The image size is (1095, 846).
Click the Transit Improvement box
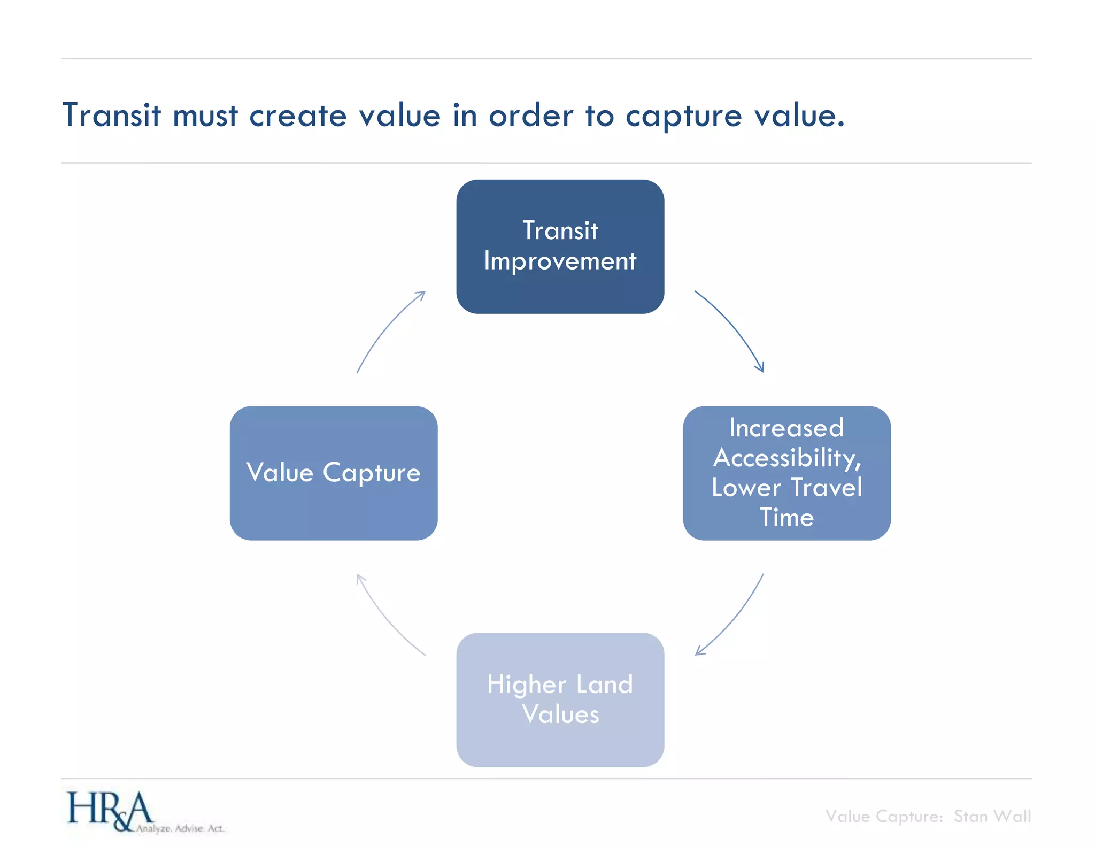pyautogui.click(x=560, y=247)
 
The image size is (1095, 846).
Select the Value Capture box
pyautogui.click(x=334, y=473)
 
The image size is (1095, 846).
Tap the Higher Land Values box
pyautogui.click(x=560, y=699)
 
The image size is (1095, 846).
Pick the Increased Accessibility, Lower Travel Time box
pyautogui.click(x=786, y=473)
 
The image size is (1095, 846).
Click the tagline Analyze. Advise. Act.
pyautogui.click(x=180, y=828)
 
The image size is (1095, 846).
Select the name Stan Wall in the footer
pyautogui.click(x=992, y=816)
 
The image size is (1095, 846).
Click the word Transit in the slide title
pyautogui.click(x=111, y=115)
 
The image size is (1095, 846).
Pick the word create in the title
pyautogui.click(x=298, y=116)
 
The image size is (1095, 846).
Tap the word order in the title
pyautogui.click(x=530, y=116)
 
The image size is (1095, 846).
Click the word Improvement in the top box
pyautogui.click(x=560, y=262)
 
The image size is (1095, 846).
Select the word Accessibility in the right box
pyautogui.click(x=786, y=458)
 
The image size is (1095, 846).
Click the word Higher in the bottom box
pyautogui.click(x=527, y=685)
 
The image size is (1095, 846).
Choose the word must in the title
pyautogui.click(x=205, y=116)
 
